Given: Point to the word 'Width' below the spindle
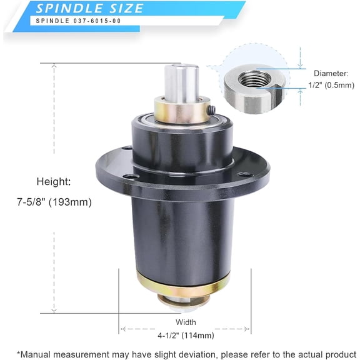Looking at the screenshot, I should coord(185,322).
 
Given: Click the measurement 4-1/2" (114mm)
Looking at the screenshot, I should coord(185,336).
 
